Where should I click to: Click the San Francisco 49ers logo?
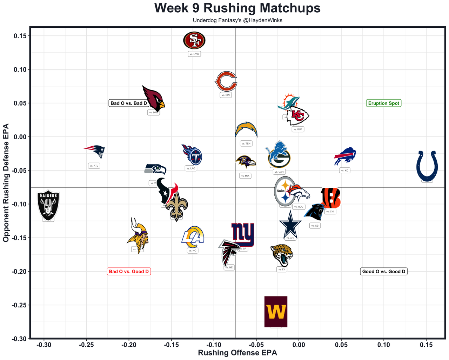(194, 41)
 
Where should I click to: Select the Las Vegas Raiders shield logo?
(48, 205)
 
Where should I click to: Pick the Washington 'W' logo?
(276, 312)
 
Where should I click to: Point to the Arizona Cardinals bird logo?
(153, 98)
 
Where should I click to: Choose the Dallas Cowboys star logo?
(290, 224)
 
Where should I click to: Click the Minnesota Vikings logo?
(137, 235)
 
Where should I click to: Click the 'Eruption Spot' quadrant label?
(383, 103)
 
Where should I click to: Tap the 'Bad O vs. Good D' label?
(129, 271)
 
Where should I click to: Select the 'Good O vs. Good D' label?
(384, 271)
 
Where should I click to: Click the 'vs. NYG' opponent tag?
(194, 54)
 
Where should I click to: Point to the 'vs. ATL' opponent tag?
(94, 166)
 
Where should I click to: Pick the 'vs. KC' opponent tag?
(344, 171)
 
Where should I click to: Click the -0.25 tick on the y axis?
(20, 305)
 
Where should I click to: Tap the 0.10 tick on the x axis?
(384, 345)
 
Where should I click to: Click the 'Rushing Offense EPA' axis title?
(237, 353)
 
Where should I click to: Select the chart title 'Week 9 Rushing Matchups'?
(237, 8)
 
